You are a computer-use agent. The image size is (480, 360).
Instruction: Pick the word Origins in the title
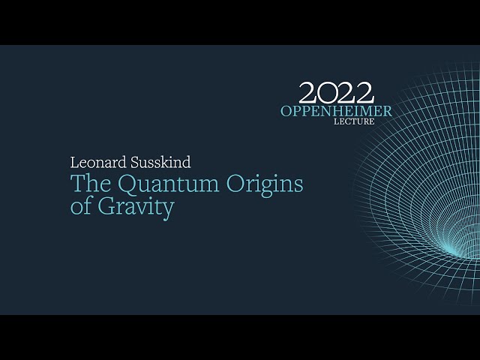262,184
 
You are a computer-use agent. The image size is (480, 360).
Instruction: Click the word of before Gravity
79,206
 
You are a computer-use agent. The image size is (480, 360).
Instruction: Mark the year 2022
335,93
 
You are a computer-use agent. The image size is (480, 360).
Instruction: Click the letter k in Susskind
163,162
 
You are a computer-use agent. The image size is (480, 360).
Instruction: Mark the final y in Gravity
168,209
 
